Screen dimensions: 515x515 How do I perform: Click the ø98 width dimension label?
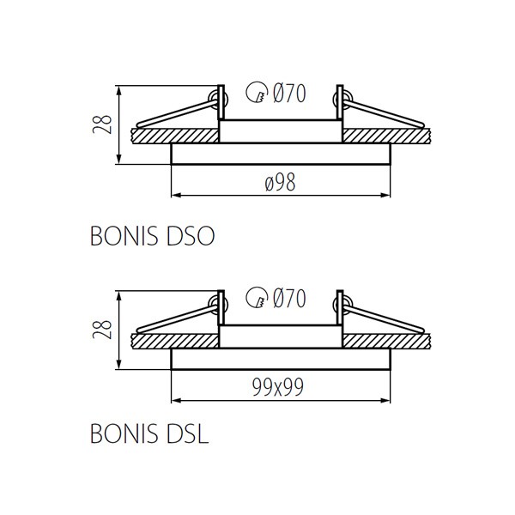280,182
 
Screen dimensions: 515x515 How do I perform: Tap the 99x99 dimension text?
278,387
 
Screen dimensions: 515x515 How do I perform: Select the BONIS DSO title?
153,236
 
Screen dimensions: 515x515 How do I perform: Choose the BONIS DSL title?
149,433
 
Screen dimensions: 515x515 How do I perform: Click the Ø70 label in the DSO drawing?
289,94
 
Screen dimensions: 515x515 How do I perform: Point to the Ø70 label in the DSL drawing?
289,298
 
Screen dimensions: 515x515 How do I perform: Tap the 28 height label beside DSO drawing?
102,124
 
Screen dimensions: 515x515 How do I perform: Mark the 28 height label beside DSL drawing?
102,330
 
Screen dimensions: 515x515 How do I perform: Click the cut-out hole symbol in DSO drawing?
257,92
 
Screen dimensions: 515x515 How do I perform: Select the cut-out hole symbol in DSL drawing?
257,297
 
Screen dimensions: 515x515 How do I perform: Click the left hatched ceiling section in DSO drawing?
175,136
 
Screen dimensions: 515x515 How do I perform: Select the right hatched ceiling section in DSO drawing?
386,136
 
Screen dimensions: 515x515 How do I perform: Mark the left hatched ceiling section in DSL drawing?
175,342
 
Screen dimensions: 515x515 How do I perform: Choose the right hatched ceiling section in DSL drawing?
386,342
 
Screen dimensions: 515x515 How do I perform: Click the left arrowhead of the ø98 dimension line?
176,196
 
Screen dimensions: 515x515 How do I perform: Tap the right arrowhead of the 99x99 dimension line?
385,401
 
